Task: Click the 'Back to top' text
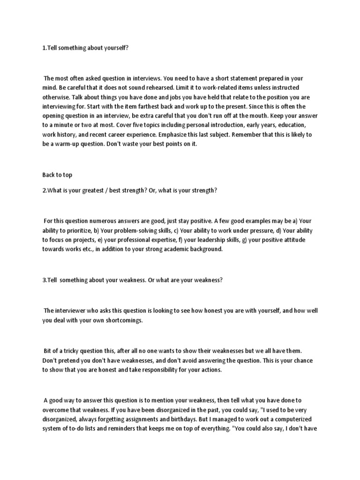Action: click(57, 175)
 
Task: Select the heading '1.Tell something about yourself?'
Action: click(85, 48)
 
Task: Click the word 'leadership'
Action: click(214, 240)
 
